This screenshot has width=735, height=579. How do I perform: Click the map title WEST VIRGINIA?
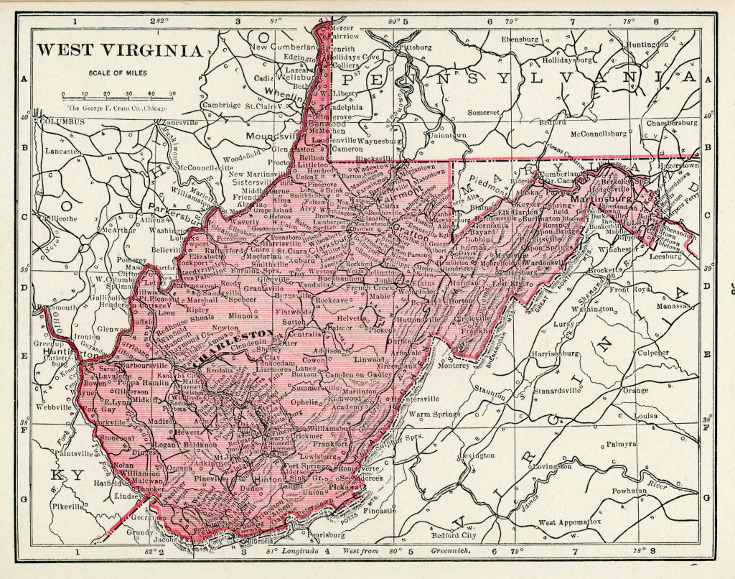coord(119,50)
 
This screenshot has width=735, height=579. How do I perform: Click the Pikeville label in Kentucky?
coord(67,506)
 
